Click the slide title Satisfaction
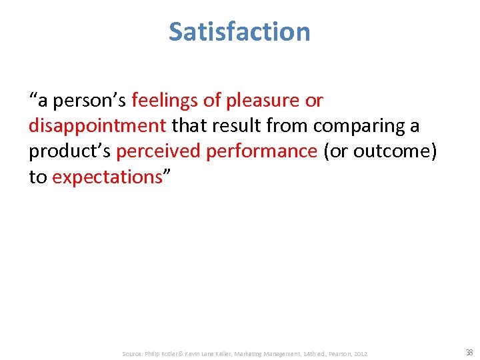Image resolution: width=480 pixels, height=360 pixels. point(239,31)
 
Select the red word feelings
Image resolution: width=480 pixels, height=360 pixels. point(165,101)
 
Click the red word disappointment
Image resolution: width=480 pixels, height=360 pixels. point(97,126)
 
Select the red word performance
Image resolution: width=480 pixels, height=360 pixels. point(261,151)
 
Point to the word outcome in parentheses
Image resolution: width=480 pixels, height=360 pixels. point(388,151)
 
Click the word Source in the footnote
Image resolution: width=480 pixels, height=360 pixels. point(132,353)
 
